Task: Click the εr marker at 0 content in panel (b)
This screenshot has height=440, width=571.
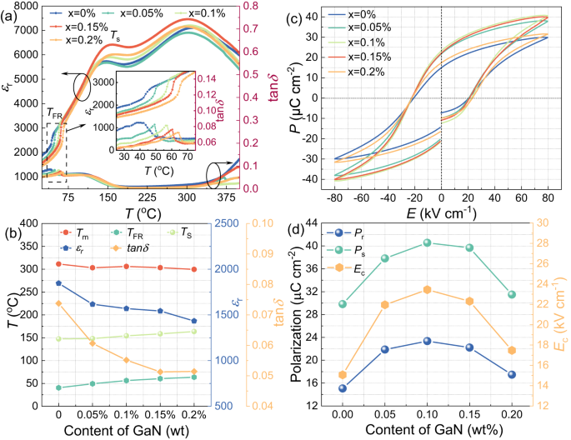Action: [58, 283]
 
